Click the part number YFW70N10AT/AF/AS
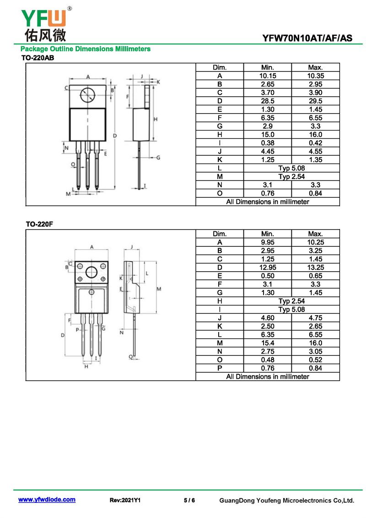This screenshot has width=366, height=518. click(307, 38)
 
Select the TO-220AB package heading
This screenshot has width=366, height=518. click(38, 58)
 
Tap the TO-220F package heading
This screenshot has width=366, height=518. click(39, 224)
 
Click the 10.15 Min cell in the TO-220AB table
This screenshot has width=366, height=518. click(268, 76)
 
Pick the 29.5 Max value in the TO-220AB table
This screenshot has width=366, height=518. click(316, 101)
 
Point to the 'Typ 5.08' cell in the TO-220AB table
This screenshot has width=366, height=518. click(291, 168)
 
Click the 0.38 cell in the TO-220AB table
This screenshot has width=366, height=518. click(268, 143)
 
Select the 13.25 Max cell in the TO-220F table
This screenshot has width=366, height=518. click(316, 267)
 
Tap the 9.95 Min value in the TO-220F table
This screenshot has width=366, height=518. click(268, 242)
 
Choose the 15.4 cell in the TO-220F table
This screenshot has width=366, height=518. click(268, 343)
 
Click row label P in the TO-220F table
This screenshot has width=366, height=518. click(220, 368)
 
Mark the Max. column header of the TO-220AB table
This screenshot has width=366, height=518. click(316, 67)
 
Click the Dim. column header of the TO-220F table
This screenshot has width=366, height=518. click(220, 234)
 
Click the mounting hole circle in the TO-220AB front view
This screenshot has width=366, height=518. click(88, 95)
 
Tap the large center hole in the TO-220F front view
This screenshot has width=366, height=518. click(91, 272)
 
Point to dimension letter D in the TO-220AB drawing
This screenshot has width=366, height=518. click(115, 136)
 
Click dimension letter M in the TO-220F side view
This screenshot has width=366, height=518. click(159, 289)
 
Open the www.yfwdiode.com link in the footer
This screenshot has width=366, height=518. click(47, 500)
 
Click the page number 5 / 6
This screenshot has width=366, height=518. click(189, 500)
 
